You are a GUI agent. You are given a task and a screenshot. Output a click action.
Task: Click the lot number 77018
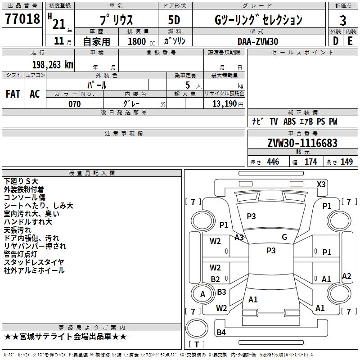(x=22, y=19)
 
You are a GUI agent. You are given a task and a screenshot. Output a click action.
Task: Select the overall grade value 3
(x=343, y=21)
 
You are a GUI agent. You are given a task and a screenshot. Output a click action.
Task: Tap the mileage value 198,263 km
(x=53, y=65)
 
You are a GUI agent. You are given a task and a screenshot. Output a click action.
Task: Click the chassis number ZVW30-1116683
(x=302, y=143)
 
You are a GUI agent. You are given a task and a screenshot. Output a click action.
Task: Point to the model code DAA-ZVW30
(x=258, y=41)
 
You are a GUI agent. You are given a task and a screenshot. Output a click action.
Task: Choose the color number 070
(x=75, y=104)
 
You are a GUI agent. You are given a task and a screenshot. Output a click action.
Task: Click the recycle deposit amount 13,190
(x=224, y=104)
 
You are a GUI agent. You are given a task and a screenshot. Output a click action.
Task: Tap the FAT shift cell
(x=13, y=94)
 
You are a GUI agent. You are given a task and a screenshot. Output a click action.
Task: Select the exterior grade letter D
(x=336, y=41)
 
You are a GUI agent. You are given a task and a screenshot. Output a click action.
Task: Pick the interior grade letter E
(x=350, y=41)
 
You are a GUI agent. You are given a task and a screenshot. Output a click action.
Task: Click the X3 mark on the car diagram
(x=321, y=184)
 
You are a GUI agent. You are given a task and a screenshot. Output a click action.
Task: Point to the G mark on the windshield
(x=284, y=237)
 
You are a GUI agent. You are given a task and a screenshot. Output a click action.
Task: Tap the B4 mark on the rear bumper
(x=221, y=332)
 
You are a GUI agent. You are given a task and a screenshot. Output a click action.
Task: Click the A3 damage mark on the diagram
(x=239, y=238)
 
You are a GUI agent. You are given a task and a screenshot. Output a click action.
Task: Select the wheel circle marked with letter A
(x=202, y=294)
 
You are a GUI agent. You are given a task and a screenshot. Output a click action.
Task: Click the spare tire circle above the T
(x=197, y=328)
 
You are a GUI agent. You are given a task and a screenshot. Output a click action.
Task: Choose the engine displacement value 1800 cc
(x=141, y=41)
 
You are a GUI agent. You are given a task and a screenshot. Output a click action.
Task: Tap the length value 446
(x=273, y=162)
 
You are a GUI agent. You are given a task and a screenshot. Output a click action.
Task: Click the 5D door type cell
(x=174, y=20)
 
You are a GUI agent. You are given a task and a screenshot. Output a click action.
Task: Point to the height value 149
(x=346, y=162)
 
